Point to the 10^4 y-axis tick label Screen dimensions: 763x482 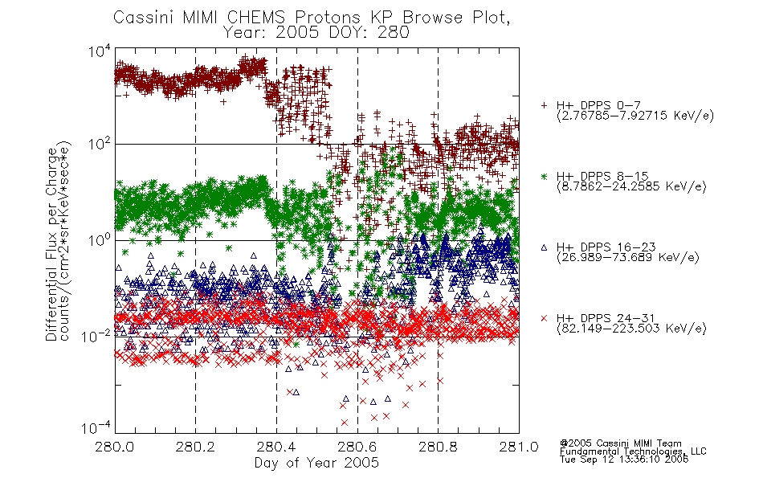click(x=100, y=51)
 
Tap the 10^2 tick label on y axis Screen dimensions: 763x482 click(x=100, y=145)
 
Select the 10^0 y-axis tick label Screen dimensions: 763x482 click(x=100, y=240)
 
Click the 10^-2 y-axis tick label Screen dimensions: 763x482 click(x=96, y=336)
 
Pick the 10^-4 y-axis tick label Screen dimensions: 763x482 click(x=96, y=428)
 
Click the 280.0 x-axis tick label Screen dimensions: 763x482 click(x=115, y=447)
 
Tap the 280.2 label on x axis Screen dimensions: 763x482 click(x=196, y=447)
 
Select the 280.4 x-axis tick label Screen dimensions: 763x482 click(x=276, y=447)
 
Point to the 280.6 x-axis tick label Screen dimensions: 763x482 click(x=357, y=447)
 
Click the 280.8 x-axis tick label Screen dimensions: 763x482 click(x=438, y=447)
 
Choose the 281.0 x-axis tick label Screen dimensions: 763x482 click(x=519, y=447)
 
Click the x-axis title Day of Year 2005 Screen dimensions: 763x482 click(x=316, y=463)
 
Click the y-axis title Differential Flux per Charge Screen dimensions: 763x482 click(x=52, y=244)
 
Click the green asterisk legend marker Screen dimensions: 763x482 click(x=544, y=177)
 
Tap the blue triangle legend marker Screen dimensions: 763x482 click(x=544, y=247)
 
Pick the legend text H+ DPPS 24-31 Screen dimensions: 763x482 click(x=606, y=318)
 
